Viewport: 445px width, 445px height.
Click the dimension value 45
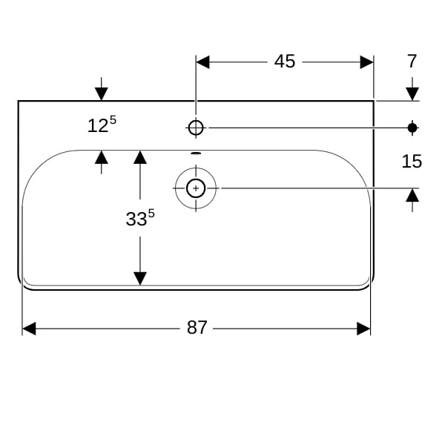(x=285, y=62)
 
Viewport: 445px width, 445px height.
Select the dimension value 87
(x=197, y=328)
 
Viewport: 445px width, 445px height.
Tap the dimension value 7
(x=412, y=62)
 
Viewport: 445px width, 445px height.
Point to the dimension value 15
(x=412, y=161)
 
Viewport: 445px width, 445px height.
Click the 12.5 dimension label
(x=102, y=125)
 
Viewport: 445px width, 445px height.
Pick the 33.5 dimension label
(x=139, y=218)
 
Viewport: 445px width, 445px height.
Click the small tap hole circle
(x=196, y=128)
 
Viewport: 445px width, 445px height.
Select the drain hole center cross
(x=196, y=188)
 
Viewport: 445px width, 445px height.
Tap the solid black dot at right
(x=412, y=128)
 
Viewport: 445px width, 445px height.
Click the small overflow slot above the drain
(x=196, y=154)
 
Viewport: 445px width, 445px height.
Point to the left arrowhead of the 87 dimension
(x=29, y=328)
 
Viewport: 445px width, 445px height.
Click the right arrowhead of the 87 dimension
(x=363, y=328)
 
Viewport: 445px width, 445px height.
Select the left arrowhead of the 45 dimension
(x=202, y=62)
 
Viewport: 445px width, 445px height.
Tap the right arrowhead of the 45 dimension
(x=366, y=62)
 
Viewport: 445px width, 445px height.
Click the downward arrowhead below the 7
(x=412, y=94)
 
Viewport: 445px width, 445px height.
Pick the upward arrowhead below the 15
(x=412, y=195)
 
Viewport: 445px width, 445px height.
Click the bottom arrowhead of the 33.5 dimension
(x=139, y=278)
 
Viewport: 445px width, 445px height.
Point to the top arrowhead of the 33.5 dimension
(x=139, y=156)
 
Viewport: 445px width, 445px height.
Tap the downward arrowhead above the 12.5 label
(x=102, y=94)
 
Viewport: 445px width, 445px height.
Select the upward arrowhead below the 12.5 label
(x=102, y=156)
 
